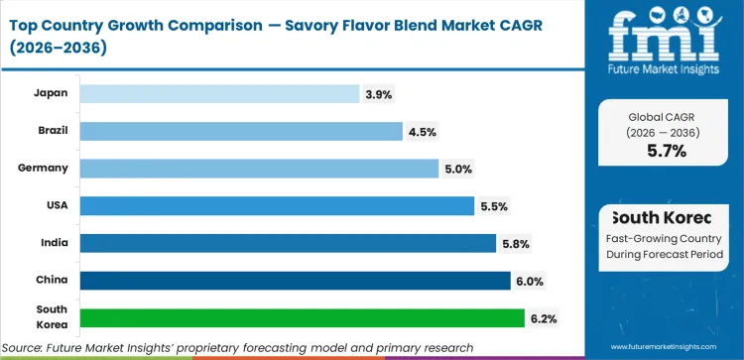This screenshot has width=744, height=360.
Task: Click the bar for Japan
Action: point(219,93)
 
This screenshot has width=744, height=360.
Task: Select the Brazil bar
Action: point(241,131)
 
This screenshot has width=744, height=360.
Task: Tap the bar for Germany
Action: point(259,169)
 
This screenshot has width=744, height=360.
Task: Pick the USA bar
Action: point(277,205)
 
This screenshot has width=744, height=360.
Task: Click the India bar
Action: point(288,243)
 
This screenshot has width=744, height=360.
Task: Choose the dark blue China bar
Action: point(295,281)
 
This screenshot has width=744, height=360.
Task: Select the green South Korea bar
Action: point(302,317)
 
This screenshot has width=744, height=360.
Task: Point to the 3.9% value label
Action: point(380,94)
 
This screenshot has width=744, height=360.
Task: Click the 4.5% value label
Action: point(424,131)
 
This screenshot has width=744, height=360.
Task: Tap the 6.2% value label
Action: point(545,318)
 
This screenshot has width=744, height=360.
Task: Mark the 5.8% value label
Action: point(516,243)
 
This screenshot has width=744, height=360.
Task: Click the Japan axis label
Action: point(50,94)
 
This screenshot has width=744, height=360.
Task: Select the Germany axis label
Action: point(43,169)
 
